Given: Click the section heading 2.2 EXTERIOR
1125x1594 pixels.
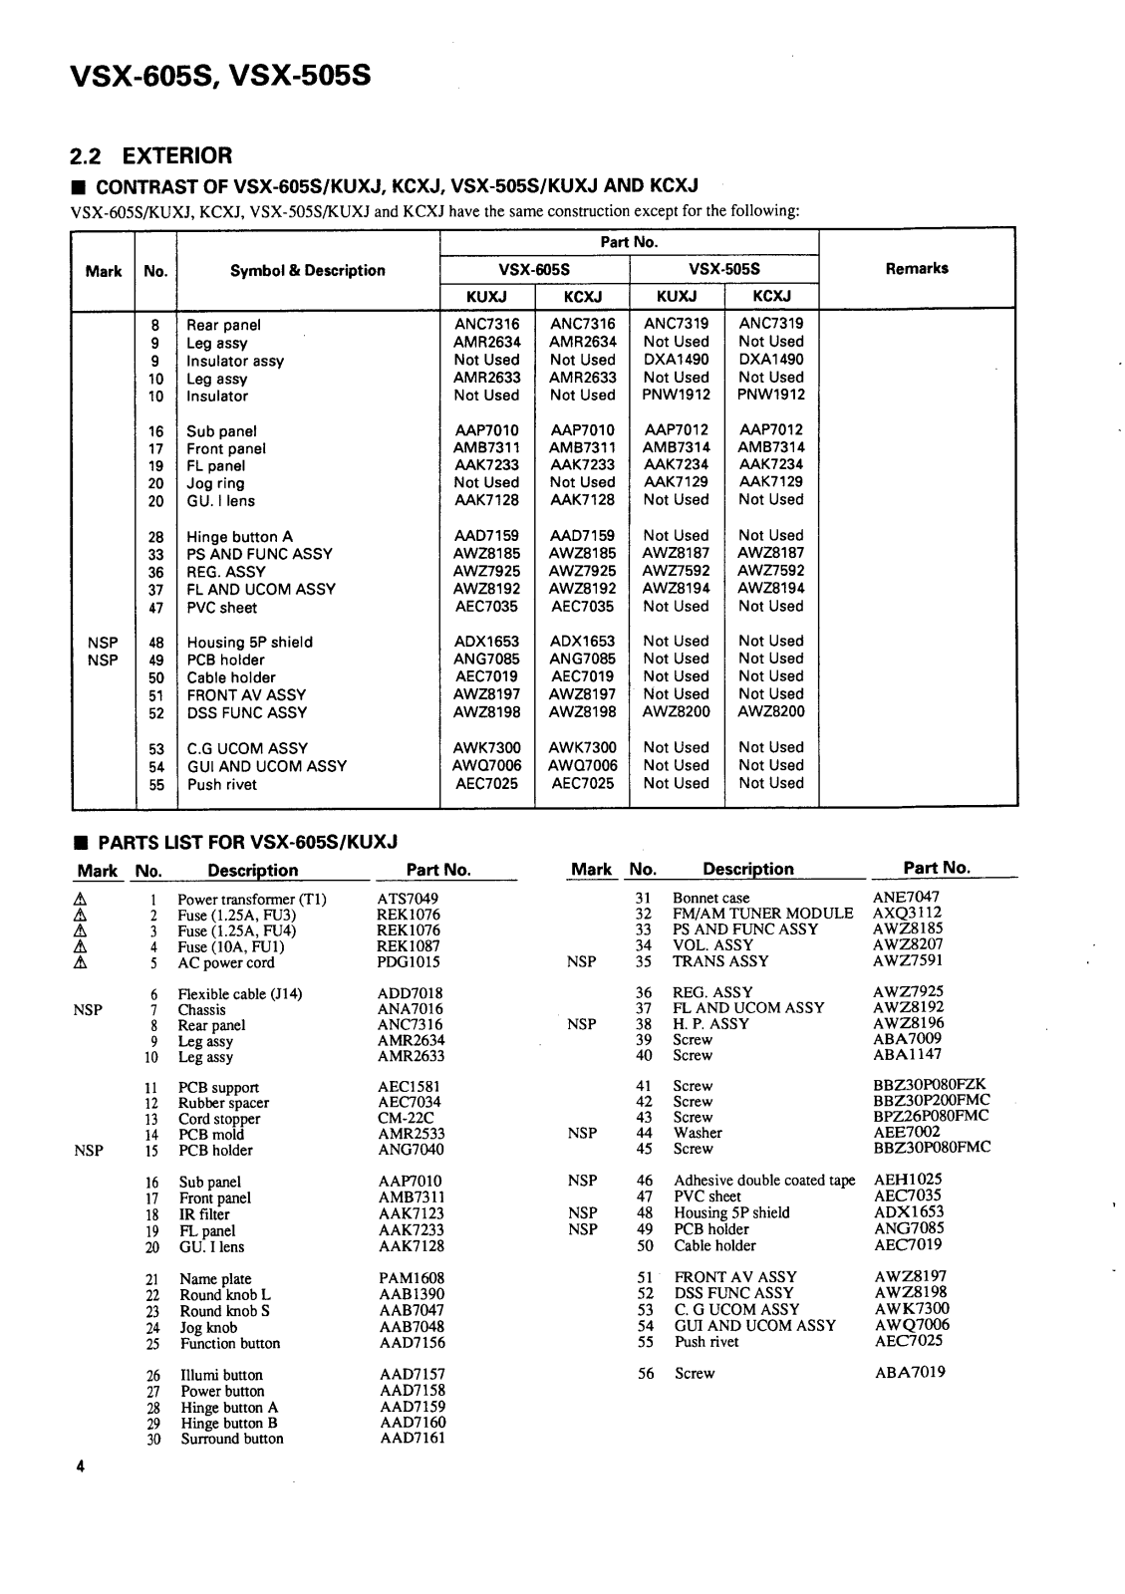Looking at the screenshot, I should pos(150,155).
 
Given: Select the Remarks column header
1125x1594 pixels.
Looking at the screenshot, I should pos(916,268).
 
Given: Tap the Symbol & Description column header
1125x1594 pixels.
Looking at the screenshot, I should pos(307,270).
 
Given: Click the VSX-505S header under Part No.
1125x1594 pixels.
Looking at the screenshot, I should pos(723,269).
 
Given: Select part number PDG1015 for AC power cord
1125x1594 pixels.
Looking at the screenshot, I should pos(409,962).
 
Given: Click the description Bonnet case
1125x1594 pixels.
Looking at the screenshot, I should pos(710,898).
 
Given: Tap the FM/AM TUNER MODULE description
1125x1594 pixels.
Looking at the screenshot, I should pos(762,914).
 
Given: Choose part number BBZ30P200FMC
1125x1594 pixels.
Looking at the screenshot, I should pos(931,1101).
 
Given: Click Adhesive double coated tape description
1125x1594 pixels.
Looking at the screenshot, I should pos(764,1181).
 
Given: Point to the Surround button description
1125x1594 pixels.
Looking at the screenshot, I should pos(231,1439).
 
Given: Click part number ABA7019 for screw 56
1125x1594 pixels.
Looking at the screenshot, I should pos(909,1372).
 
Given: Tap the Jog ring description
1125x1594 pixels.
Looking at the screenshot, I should pos(215,483).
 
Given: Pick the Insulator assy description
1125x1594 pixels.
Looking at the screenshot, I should pos(234,361).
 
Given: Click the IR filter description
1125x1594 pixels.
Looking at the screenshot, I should pos(204,1214).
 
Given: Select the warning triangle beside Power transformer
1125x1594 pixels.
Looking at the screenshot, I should pos(89,899).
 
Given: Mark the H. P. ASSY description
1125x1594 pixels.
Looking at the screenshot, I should pos(710,1023).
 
